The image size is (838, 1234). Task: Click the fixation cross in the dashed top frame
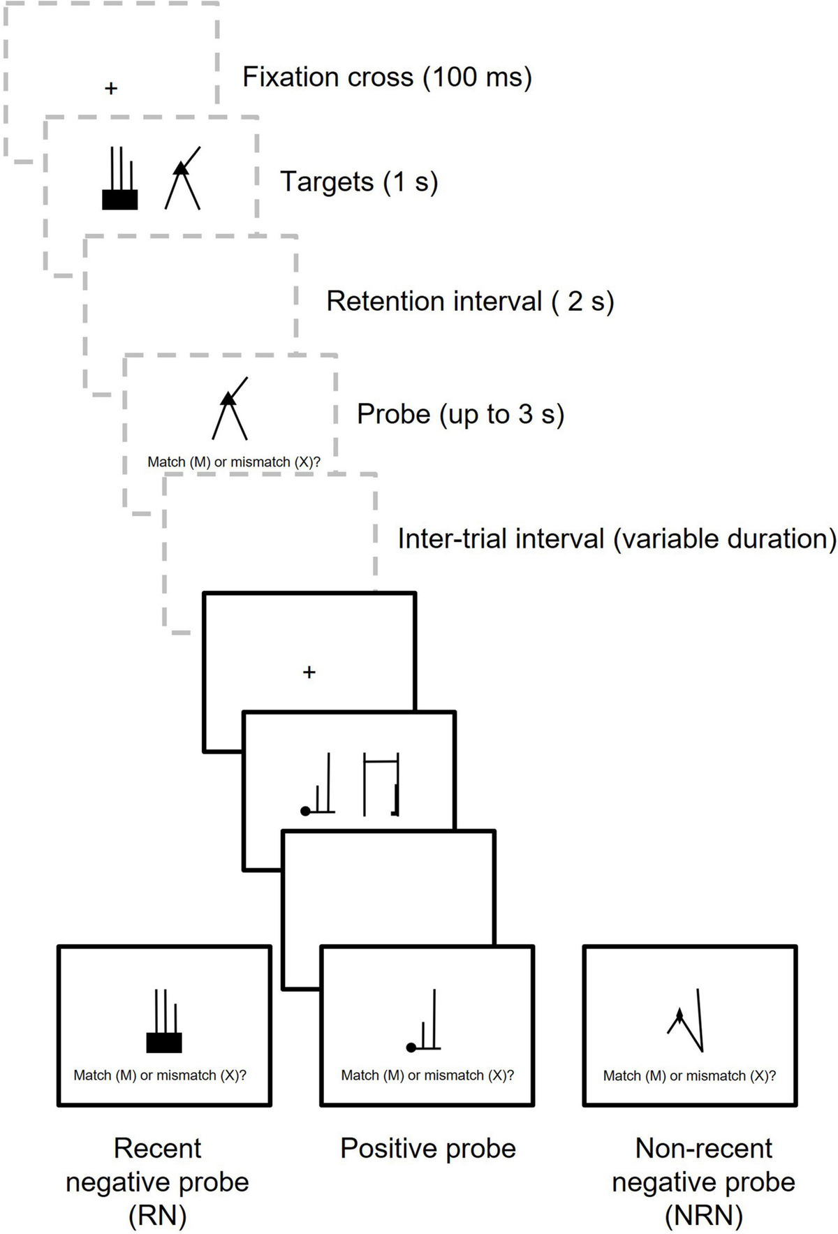111,89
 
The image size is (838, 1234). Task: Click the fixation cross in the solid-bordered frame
309,672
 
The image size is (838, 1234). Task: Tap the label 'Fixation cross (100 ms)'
387,77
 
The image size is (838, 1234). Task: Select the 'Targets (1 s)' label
359,182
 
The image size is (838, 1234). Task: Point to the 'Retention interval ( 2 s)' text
470,301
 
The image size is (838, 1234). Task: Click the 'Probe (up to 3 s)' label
460,414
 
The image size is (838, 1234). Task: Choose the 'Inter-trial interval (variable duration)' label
617,538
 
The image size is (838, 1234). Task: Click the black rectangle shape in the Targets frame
120,199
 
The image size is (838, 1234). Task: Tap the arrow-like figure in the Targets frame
183,179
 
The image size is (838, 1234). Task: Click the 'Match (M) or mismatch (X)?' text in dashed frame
233,462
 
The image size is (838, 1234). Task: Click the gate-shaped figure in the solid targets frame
381,785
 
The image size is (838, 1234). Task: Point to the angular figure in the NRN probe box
686,1022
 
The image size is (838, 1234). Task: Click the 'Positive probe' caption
427,1148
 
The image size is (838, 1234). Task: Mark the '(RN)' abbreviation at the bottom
157,1215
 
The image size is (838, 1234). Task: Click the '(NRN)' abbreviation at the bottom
703,1215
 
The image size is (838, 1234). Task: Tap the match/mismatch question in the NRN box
689,1075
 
